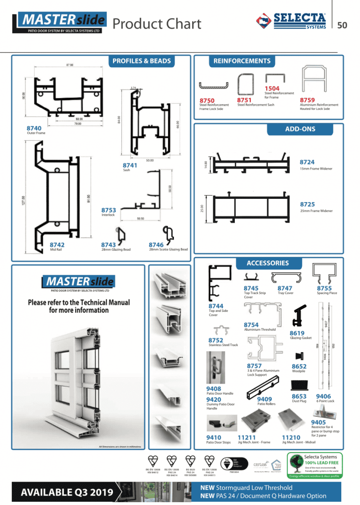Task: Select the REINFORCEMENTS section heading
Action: click(242, 61)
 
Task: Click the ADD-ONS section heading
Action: click(300, 129)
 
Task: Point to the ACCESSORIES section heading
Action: click(268, 263)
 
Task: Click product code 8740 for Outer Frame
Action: click(34, 128)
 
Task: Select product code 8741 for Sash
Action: click(130, 166)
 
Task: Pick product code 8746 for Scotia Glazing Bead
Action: click(156, 245)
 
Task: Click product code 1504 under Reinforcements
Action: click(272, 89)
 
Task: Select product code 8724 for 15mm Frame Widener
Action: click(307, 162)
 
